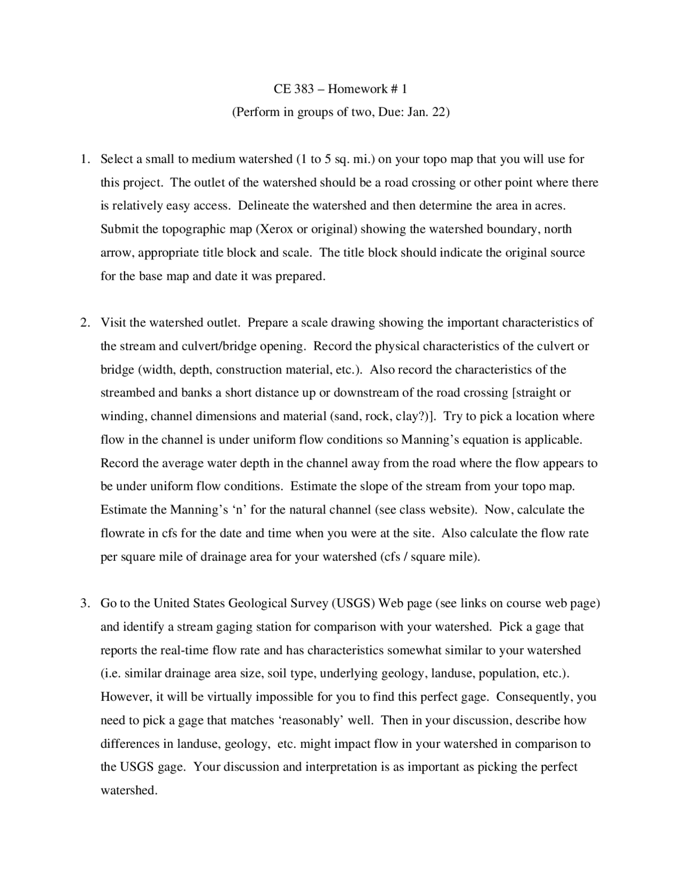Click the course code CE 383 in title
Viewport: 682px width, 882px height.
(x=293, y=89)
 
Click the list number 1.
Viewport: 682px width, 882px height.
(x=84, y=159)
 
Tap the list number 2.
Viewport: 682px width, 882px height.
(x=84, y=323)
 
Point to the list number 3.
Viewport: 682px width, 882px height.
(x=84, y=603)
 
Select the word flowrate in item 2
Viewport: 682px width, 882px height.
(x=121, y=533)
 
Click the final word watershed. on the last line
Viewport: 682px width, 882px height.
(x=129, y=790)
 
